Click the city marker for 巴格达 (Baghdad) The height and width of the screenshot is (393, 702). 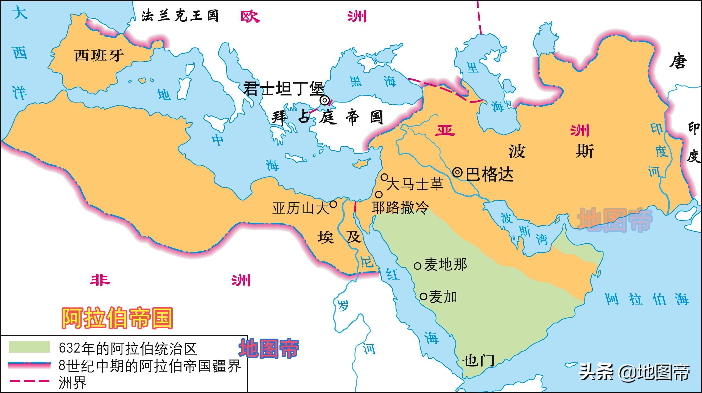coord(457,173)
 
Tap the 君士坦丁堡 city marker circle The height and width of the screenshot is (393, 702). coord(325,101)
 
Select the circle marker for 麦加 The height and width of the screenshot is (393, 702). coord(423,297)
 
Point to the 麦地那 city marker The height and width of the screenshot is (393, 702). coord(417,266)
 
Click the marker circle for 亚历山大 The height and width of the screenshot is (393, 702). coord(333,204)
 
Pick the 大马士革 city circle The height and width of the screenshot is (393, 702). coord(385,177)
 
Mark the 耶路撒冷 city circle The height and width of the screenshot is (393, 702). coord(379,195)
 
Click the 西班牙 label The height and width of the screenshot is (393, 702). coord(99,56)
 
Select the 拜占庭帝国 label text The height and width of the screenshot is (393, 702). coord(327,117)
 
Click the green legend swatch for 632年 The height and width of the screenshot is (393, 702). coord(29,347)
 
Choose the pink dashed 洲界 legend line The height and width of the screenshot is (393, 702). coord(29,381)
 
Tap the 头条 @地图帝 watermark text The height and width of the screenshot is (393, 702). coord(634,372)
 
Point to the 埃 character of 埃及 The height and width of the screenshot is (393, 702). coord(326,237)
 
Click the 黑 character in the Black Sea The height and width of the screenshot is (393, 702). coord(356,81)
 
